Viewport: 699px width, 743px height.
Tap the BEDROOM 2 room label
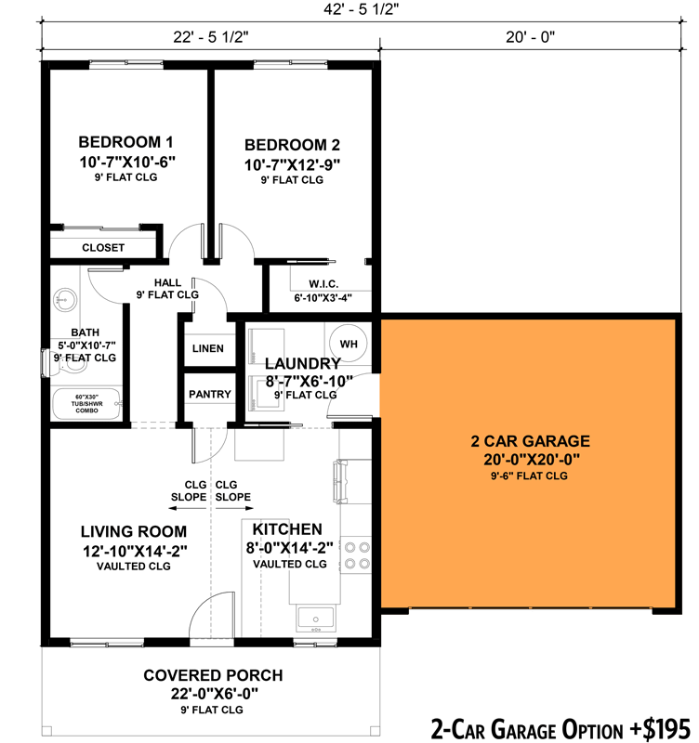292,145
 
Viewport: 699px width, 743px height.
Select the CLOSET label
103,248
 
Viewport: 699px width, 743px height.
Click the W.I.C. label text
323,284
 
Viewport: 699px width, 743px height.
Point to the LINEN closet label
208,348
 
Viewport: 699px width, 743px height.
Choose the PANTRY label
209,394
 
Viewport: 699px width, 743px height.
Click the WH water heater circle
349,344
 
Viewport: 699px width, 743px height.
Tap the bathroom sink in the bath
63,298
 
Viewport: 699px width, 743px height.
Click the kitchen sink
316,617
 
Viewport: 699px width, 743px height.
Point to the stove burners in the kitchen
356,554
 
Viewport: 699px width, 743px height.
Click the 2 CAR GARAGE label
531,441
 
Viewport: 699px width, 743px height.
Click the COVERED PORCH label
212,675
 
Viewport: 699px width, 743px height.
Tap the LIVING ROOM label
134,531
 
